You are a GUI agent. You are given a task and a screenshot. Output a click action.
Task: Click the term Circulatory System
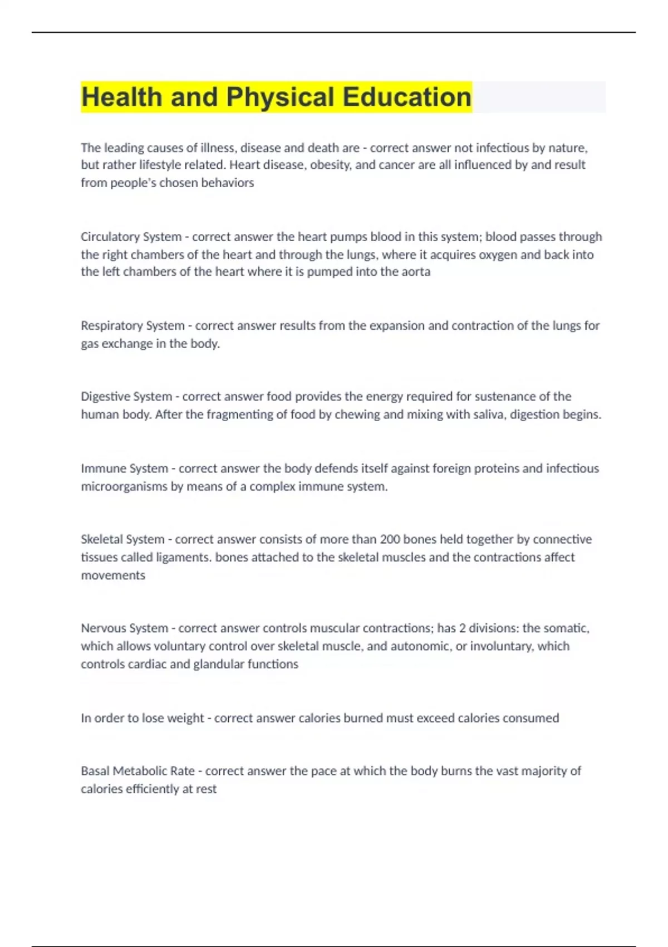pos(131,237)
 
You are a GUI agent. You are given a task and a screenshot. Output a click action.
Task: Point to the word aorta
pos(415,272)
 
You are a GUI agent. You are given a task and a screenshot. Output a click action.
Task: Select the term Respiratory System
pos(132,325)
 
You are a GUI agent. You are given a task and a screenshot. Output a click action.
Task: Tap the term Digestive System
pos(126,397)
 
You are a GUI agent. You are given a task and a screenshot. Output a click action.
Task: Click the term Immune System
pos(124,468)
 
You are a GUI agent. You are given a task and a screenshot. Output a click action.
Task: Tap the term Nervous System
pos(124,628)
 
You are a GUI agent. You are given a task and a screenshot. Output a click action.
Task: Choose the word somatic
pos(566,628)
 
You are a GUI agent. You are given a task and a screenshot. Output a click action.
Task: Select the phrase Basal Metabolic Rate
pos(137,771)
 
